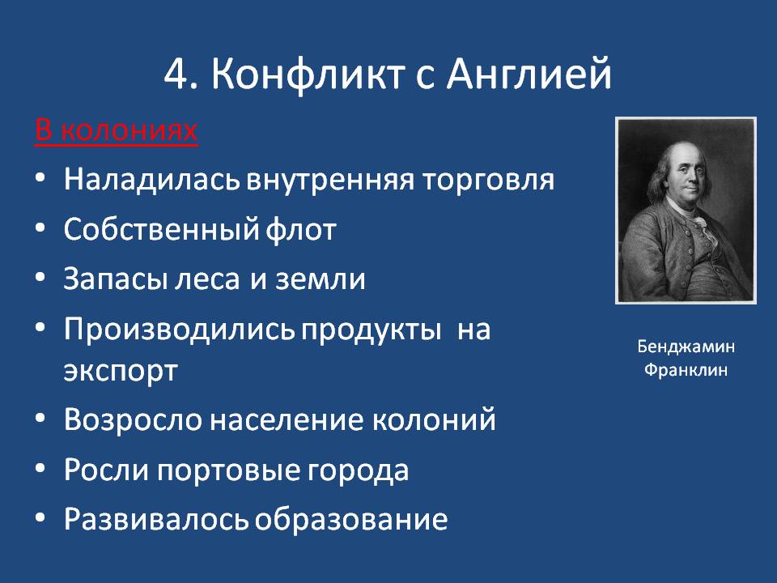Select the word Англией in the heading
click(x=529, y=74)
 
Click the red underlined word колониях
click(x=129, y=131)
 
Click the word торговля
click(x=488, y=181)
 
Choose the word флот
click(x=301, y=229)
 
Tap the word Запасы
click(x=116, y=279)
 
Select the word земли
click(x=321, y=279)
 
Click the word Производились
click(x=180, y=330)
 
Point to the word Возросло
click(x=133, y=420)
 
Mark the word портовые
click(x=229, y=470)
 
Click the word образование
click(x=351, y=520)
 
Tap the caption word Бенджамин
click(x=686, y=347)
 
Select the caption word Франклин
click(x=686, y=370)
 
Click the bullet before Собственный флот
click(x=40, y=227)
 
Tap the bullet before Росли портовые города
click(x=40, y=467)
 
